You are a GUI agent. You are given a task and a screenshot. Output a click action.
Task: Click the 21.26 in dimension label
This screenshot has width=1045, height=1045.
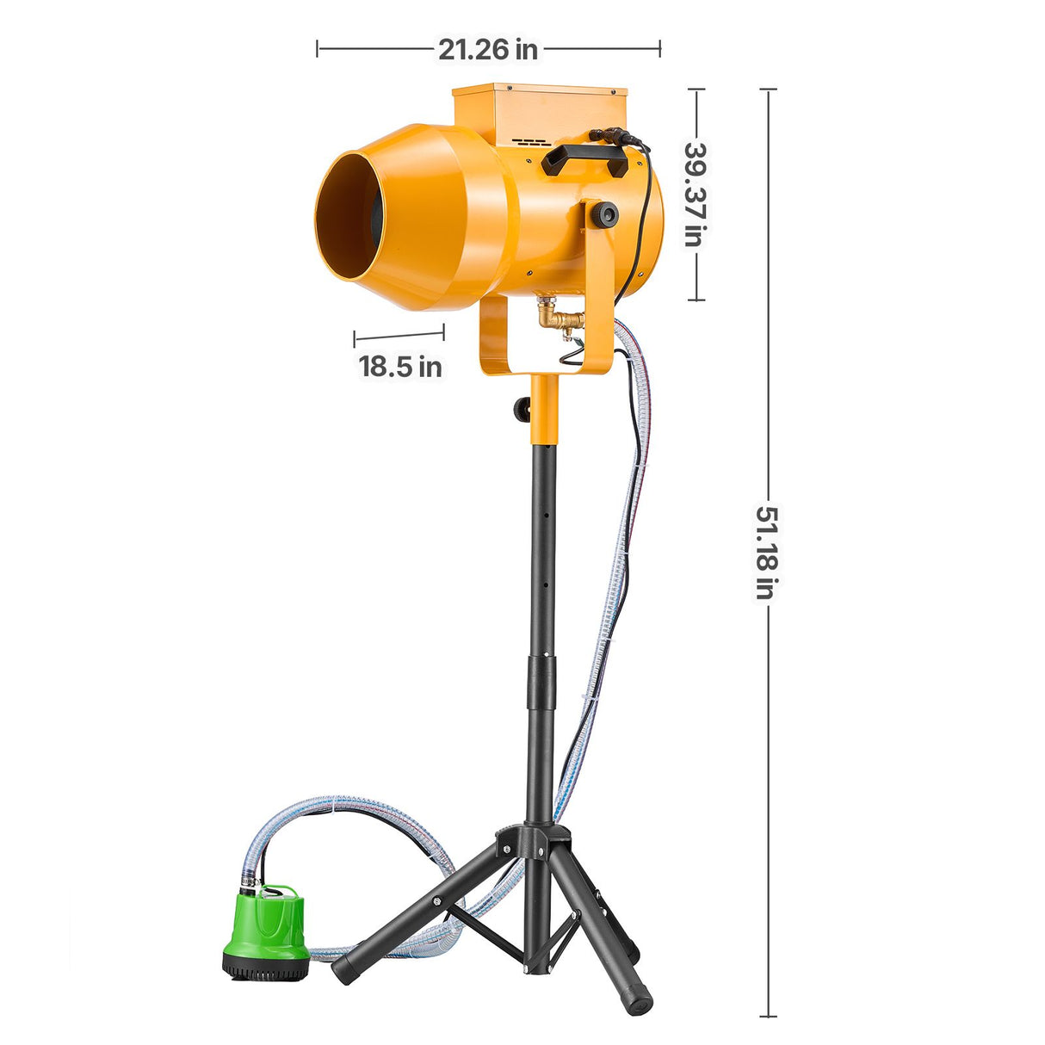(487, 50)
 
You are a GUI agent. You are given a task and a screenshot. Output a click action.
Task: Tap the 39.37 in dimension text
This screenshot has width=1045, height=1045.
(695, 195)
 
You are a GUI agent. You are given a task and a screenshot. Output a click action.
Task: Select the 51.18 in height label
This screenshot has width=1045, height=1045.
(767, 553)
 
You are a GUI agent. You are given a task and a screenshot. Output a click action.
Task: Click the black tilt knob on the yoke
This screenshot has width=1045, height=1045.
(604, 215)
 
